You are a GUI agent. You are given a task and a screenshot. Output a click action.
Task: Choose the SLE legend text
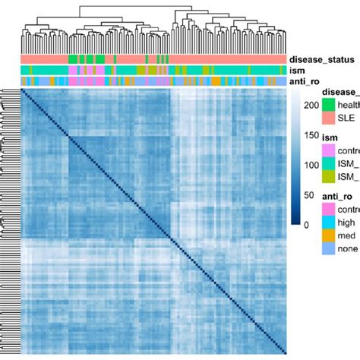click(349, 119)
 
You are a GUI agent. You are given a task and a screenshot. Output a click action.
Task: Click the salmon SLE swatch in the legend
click(328, 119)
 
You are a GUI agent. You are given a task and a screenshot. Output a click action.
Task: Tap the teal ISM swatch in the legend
click(328, 163)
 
